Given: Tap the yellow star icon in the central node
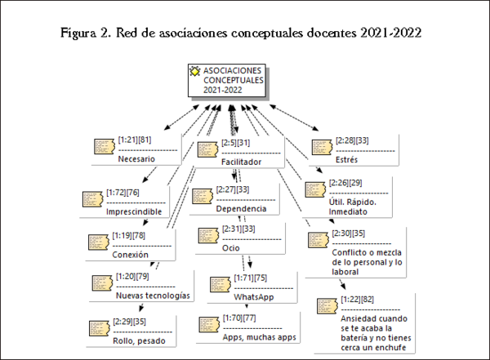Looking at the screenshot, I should pyautogui.click(x=195, y=72).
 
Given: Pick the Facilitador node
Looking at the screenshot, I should pyautogui.click(x=241, y=162).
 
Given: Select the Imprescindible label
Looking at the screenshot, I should pyautogui.click(x=134, y=211).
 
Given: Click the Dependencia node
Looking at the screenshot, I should pyautogui.click(x=240, y=209).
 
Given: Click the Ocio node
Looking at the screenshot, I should pyautogui.click(x=231, y=247).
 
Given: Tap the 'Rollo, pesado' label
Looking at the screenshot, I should pyautogui.click(x=138, y=339).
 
